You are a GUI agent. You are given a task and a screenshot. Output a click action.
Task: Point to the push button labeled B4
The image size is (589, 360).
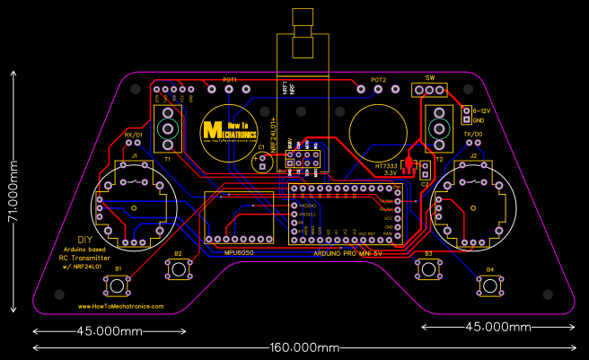[489, 285]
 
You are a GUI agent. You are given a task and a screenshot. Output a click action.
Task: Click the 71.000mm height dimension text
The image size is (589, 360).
[12, 190]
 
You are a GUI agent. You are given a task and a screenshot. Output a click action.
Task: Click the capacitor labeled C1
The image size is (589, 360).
[262, 163]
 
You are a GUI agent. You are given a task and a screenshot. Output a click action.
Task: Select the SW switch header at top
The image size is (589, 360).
[429, 90]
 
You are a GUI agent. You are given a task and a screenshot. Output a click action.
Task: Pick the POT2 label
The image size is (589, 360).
[379, 80]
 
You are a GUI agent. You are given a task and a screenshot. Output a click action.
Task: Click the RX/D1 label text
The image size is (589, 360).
[133, 135]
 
